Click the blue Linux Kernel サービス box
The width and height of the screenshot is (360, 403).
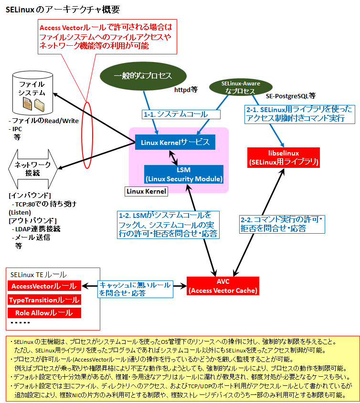click(x=175, y=142)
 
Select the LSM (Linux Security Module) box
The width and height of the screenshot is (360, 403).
click(x=184, y=174)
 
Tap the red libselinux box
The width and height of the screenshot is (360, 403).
click(x=283, y=157)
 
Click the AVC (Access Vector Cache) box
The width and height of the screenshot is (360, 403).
click(x=223, y=286)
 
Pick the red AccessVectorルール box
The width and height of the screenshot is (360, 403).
click(x=44, y=286)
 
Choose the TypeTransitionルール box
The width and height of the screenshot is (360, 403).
click(x=44, y=300)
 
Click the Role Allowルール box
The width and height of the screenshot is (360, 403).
click(x=44, y=313)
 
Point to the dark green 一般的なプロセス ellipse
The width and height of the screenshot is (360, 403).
click(x=143, y=76)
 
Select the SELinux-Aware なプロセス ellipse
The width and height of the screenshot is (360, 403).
click(x=241, y=87)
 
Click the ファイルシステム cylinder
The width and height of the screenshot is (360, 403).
click(x=32, y=93)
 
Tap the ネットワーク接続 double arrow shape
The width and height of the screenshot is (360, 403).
click(x=32, y=169)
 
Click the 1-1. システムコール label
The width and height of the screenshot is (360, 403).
click(x=181, y=114)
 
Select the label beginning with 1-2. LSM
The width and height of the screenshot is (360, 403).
click(x=168, y=225)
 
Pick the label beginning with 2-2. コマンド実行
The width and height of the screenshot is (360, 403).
click(x=282, y=224)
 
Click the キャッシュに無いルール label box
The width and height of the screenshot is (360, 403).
click(x=135, y=289)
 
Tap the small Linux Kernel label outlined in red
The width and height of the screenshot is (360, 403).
click(x=146, y=191)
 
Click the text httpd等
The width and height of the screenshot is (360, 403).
click(x=186, y=90)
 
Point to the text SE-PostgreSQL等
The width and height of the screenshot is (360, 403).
click(x=290, y=96)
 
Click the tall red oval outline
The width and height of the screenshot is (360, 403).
click(x=82, y=135)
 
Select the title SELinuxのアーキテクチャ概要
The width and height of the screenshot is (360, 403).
click(x=63, y=10)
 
